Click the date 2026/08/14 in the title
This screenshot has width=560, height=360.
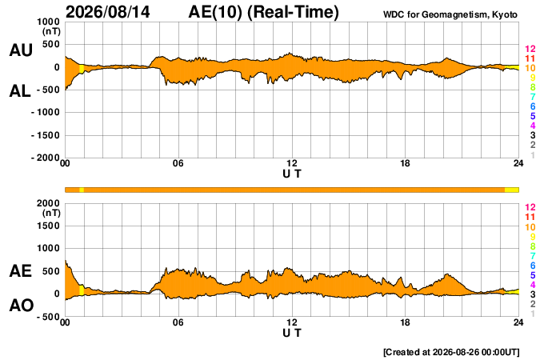coord(108,12)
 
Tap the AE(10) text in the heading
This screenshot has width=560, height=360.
coord(215,12)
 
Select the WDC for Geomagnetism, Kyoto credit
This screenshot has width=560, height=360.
coord(450,14)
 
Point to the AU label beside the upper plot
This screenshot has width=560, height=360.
coord(21,50)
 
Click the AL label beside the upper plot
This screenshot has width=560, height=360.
coord(20,91)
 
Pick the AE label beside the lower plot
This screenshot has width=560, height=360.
coord(20,271)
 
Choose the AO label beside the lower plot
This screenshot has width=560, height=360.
coord(22,306)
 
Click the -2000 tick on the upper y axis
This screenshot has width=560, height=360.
coord(46,158)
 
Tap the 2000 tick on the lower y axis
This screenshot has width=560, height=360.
coord(49,203)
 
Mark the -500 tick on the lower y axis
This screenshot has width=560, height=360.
coord(48,317)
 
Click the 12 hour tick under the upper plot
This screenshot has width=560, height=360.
coord(292,163)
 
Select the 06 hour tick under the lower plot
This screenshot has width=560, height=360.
coord(178,322)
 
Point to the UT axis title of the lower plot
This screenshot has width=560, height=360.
coord(292,333)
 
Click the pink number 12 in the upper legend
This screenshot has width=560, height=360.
coord(530,49)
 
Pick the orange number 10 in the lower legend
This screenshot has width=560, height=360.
coord(530,227)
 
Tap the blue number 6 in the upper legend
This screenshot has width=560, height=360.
coord(533,106)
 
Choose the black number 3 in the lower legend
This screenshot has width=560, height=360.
coord(533,294)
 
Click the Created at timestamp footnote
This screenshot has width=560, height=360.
coord(451,352)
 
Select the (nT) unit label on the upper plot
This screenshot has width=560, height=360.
coord(51,31)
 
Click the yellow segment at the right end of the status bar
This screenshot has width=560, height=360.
coord(512,190)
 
